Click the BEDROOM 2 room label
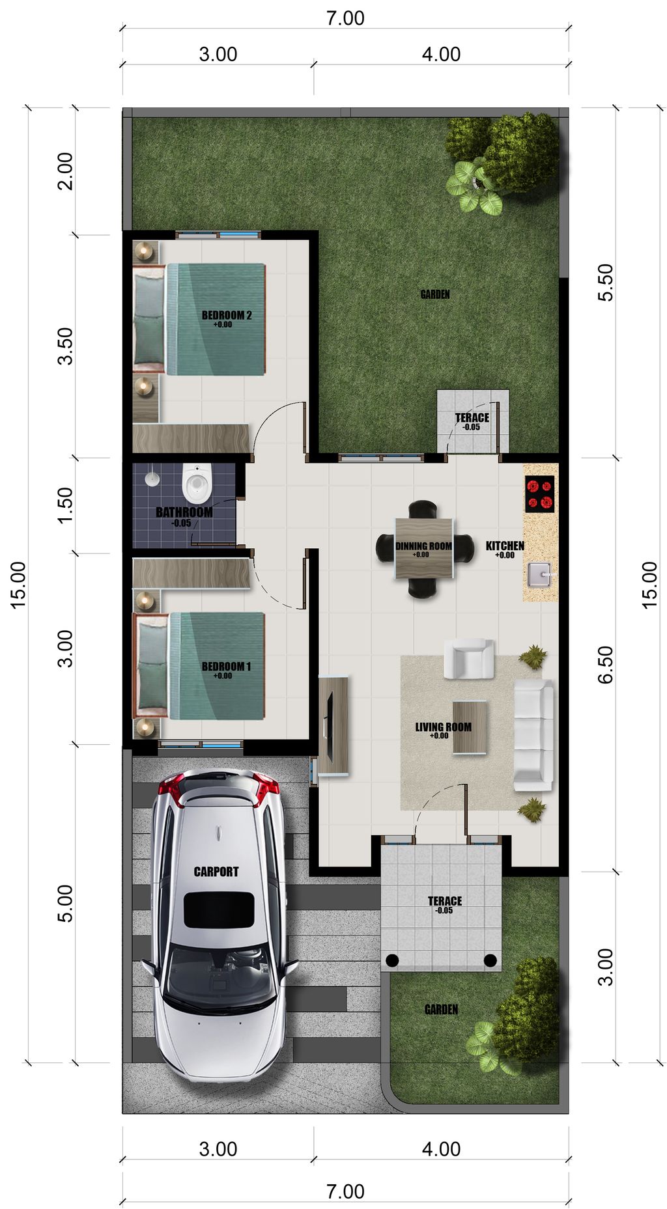226,315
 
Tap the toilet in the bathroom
196,481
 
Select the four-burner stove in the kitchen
539,494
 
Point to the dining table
424,548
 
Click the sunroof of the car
219,910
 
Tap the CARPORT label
216,871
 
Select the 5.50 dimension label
606,282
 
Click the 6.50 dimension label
606,665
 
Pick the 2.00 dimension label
65,171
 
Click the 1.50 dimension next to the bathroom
65,505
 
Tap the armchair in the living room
468,658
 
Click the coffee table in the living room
470,727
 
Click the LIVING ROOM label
443,727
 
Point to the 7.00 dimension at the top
345,18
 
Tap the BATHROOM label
184,512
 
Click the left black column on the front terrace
392,960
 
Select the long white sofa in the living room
533,735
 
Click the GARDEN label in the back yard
434,295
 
